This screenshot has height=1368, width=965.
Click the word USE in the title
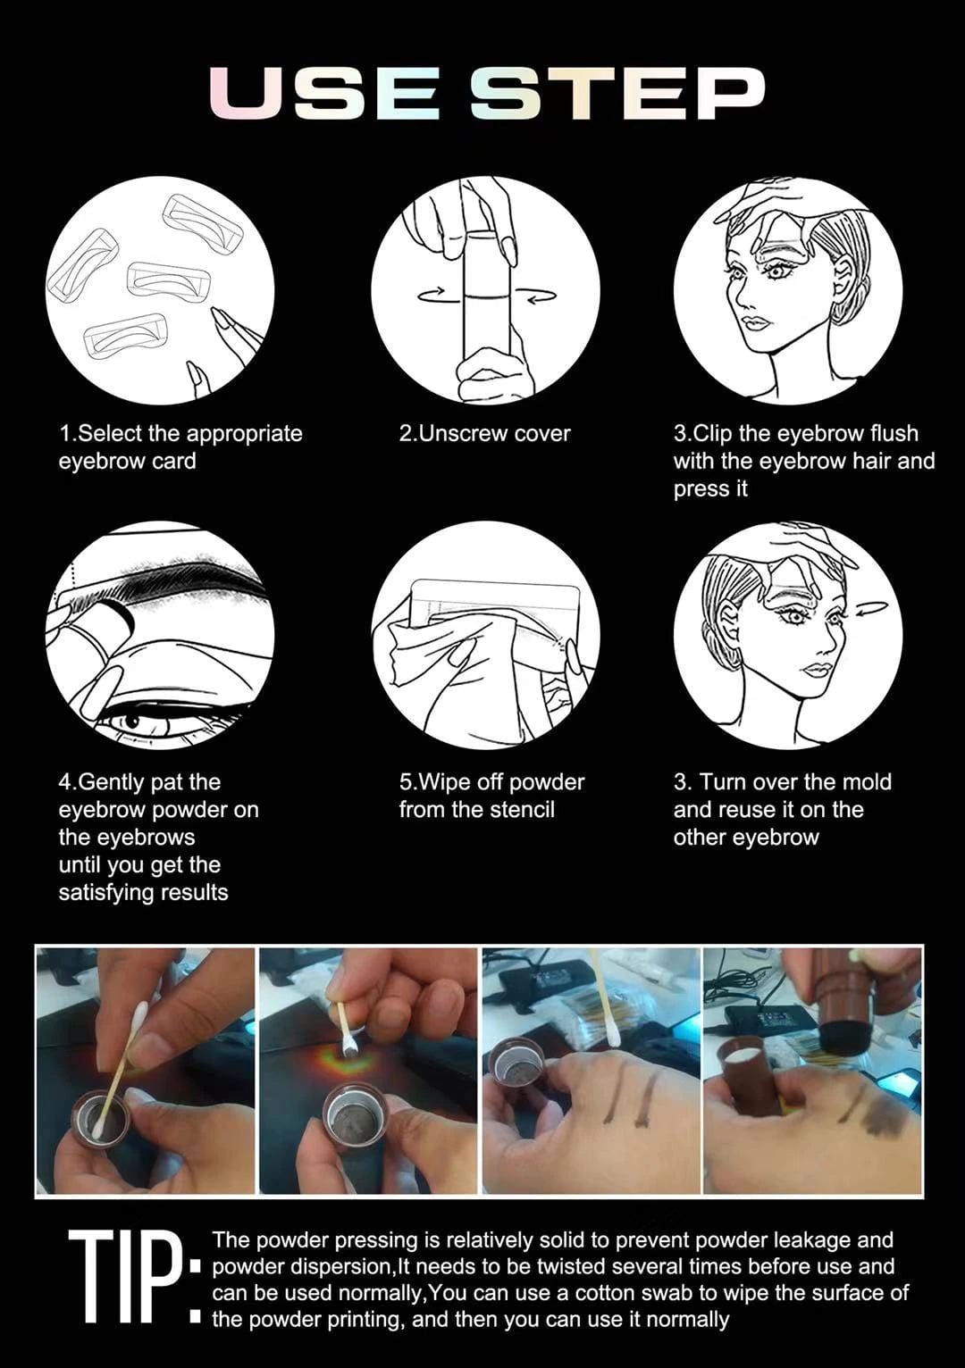tap(323, 94)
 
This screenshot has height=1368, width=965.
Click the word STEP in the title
tap(617, 94)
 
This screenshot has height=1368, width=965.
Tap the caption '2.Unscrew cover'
tap(484, 434)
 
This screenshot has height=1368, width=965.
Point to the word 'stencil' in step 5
tap(522, 810)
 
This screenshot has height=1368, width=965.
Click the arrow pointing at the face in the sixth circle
tap(871, 609)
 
